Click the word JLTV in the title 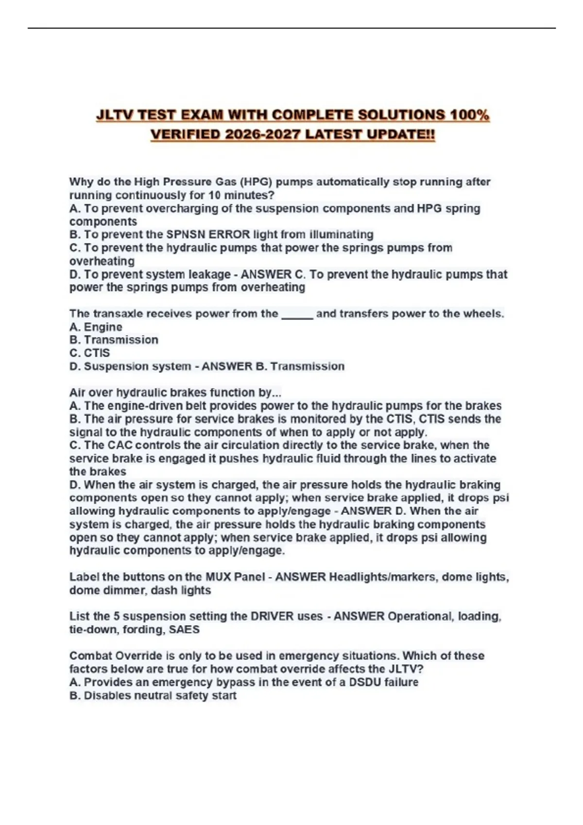(114, 115)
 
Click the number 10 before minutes (214, 195)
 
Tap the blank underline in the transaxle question (297, 314)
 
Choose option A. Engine (96, 327)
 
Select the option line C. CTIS (90, 353)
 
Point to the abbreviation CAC (120, 445)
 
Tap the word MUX (218, 577)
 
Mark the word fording (143, 629)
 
